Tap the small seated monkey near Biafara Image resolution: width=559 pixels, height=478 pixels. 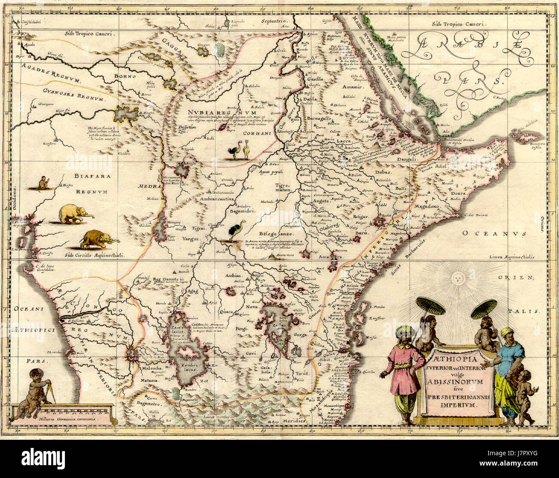click(43, 183)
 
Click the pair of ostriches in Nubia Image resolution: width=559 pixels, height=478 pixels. click(240, 152)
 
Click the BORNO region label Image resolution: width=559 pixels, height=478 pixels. click(125, 76)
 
